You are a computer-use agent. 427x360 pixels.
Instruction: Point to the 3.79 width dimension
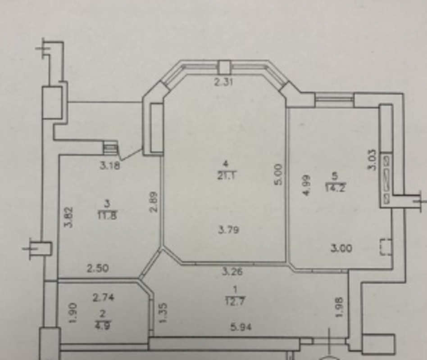[228, 230]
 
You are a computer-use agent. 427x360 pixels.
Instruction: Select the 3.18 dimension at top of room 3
[109, 165]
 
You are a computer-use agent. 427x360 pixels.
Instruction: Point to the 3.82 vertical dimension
[69, 217]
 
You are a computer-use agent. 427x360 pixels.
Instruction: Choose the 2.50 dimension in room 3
[97, 269]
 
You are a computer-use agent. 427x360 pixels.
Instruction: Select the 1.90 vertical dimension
[74, 312]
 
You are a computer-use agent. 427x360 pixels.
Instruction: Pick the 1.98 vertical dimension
[340, 307]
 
